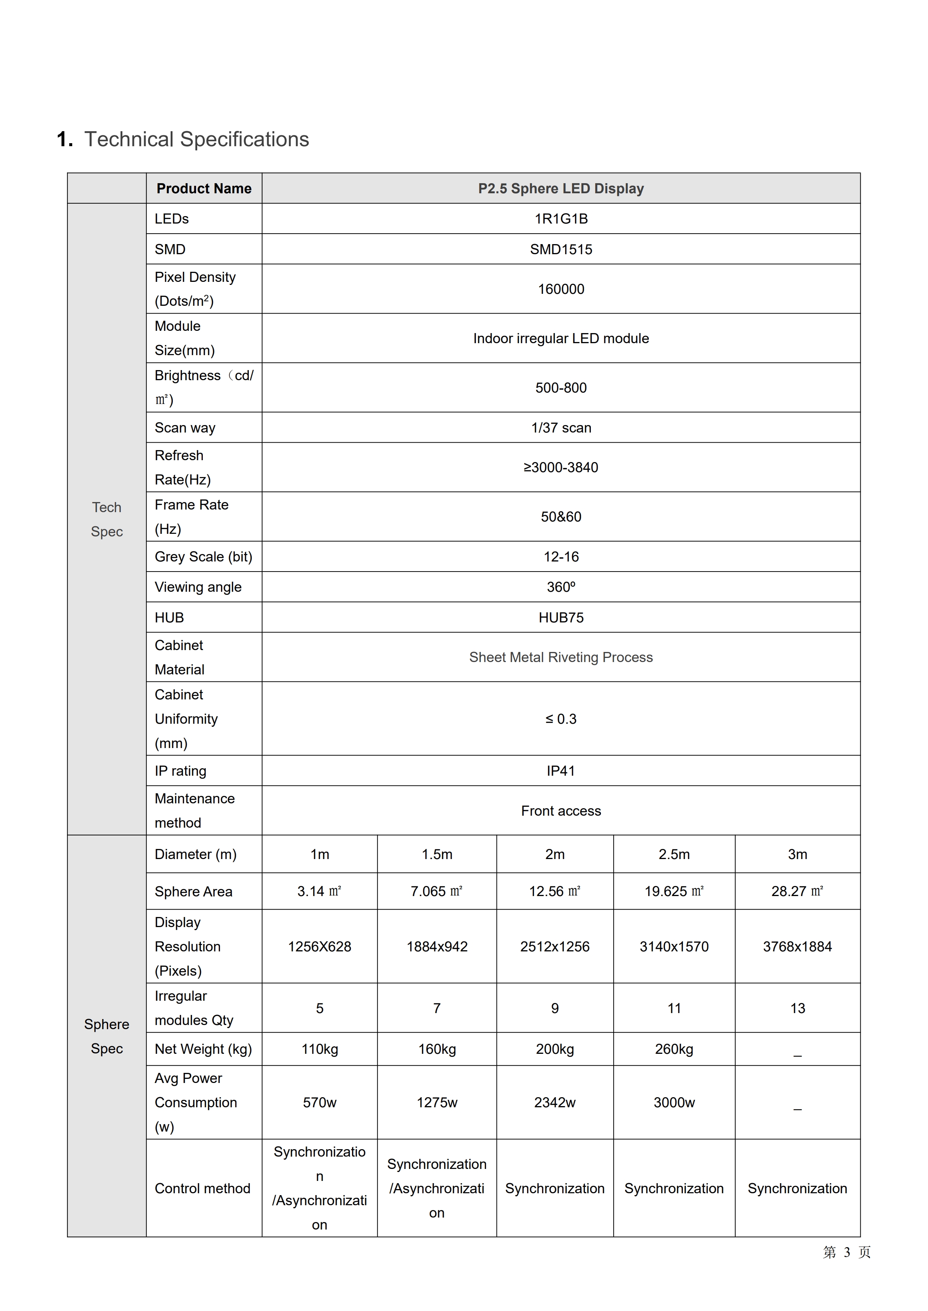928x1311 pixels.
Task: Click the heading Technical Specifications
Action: (x=196, y=139)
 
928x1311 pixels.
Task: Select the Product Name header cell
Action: (x=204, y=188)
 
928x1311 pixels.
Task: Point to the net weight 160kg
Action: (x=437, y=1049)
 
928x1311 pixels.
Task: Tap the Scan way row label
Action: (x=184, y=428)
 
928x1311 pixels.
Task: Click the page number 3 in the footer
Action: (x=847, y=1252)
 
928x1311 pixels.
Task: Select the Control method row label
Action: (x=202, y=1188)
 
